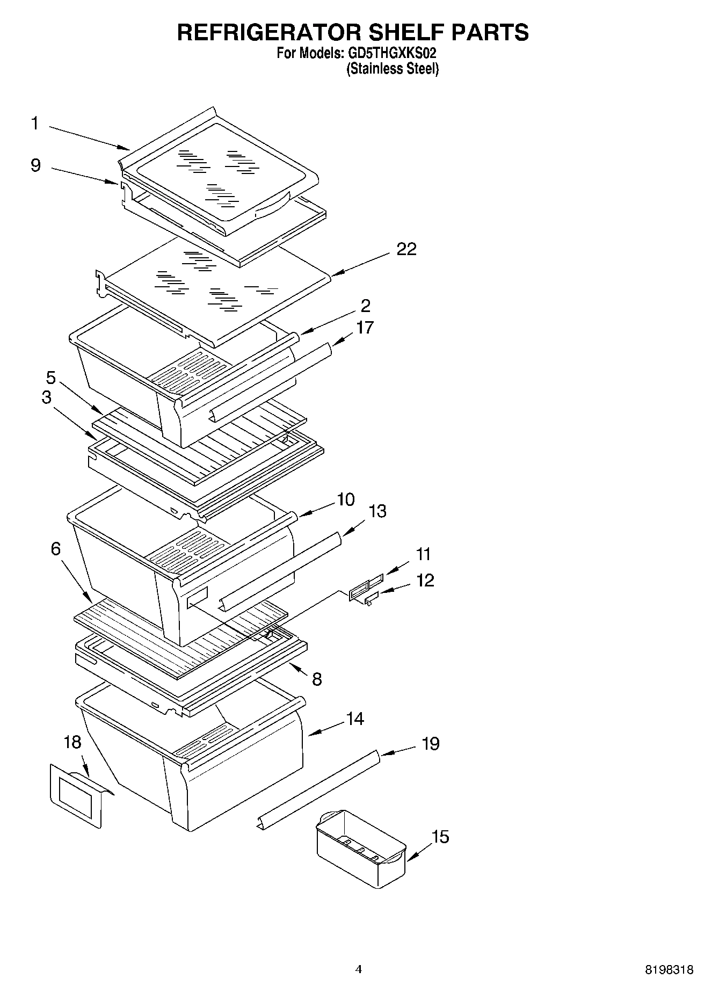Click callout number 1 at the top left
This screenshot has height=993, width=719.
click(x=35, y=124)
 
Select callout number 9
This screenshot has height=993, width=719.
click(x=35, y=165)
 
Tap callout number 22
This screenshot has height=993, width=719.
click(x=406, y=249)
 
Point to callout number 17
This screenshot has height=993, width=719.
click(x=365, y=328)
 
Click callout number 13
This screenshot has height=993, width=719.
click(x=377, y=511)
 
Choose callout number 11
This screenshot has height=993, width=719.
click(x=423, y=554)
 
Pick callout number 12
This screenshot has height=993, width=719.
click(x=425, y=581)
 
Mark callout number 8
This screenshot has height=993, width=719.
click(x=317, y=679)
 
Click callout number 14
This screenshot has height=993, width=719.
click(x=355, y=719)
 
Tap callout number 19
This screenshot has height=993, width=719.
click(x=431, y=744)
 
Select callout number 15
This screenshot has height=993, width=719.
click(x=440, y=837)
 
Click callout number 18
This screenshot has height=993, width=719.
click(x=72, y=743)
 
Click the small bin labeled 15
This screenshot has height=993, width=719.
click(x=360, y=849)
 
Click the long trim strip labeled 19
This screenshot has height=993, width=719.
click(x=319, y=789)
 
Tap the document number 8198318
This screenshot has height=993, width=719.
click(x=669, y=970)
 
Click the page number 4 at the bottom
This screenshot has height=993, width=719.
click(x=359, y=969)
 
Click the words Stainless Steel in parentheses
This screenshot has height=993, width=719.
click(x=393, y=69)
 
